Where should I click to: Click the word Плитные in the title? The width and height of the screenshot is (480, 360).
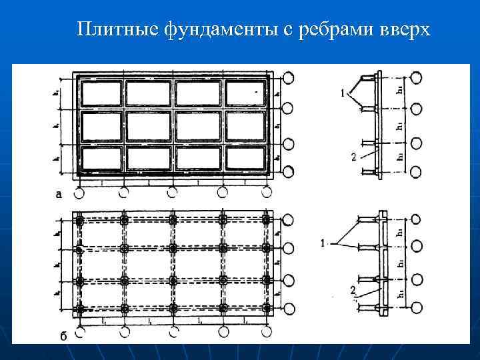click(116, 30)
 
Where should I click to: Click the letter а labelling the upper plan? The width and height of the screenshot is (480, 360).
click(60, 194)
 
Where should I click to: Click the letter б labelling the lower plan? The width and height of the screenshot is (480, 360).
click(63, 335)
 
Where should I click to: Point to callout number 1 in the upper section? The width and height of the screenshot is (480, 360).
click(343, 95)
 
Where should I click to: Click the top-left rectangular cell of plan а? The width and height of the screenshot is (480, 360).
click(101, 93)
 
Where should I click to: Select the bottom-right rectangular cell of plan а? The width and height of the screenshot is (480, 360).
click(247, 158)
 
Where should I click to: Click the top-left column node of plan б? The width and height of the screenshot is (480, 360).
click(80, 221)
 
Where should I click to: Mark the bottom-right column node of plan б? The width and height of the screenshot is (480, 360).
click(267, 309)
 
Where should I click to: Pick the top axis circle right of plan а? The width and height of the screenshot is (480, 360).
click(288, 78)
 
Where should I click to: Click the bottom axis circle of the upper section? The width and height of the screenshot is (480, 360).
click(416, 172)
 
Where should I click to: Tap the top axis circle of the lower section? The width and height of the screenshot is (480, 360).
click(416, 218)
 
